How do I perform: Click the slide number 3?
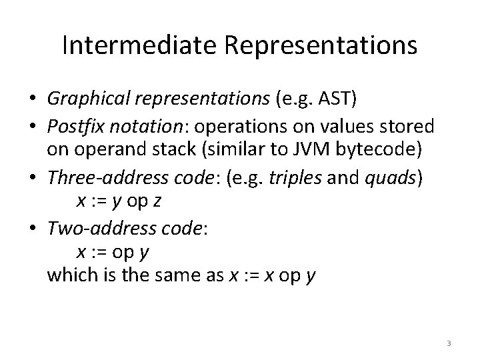click(449, 343)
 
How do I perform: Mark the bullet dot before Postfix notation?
click(32, 126)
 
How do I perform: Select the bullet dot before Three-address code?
click(32, 175)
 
